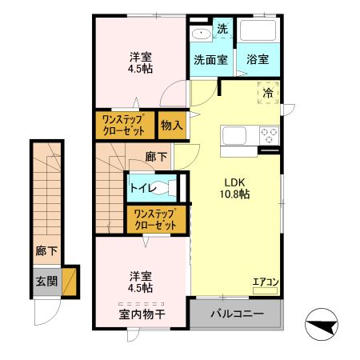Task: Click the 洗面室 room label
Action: [210, 59]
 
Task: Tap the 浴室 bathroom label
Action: [258, 59]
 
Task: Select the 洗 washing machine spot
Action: [222, 28]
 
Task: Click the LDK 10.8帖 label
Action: [236, 187]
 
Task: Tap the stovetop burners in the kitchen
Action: [268, 134]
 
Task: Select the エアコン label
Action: [265, 282]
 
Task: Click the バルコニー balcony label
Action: [237, 312]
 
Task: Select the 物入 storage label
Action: [172, 125]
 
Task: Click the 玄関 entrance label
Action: [46, 281]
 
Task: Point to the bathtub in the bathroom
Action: [258, 32]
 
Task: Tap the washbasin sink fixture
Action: [200, 33]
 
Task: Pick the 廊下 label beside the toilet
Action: [156, 157]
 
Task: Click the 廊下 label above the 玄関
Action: [46, 251]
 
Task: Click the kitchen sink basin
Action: [236, 134]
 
